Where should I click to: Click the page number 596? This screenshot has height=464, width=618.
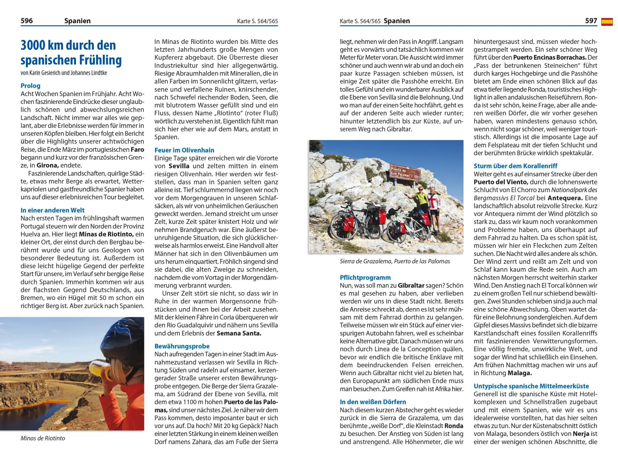(x=27, y=21)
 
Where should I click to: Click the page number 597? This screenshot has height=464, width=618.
(x=591, y=21)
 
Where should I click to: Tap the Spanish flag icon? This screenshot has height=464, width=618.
(x=607, y=22)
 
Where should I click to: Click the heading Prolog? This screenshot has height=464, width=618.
(x=30, y=86)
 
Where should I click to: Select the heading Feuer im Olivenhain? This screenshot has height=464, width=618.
(x=184, y=150)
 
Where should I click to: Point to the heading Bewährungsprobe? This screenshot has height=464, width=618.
(x=182, y=346)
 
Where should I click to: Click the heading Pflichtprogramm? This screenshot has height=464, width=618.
(x=365, y=277)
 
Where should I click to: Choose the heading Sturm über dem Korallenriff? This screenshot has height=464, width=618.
(x=515, y=166)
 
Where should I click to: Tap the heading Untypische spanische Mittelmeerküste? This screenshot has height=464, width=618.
(x=531, y=386)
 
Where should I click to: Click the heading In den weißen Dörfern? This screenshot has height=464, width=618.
(x=373, y=402)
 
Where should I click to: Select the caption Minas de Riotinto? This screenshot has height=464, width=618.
(x=43, y=438)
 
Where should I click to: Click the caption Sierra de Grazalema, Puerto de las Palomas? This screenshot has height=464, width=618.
(x=395, y=261)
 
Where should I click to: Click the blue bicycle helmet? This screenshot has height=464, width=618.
(x=124, y=337)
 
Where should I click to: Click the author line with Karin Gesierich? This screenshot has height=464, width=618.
(x=64, y=73)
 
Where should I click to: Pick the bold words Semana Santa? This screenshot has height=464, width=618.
(x=239, y=333)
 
